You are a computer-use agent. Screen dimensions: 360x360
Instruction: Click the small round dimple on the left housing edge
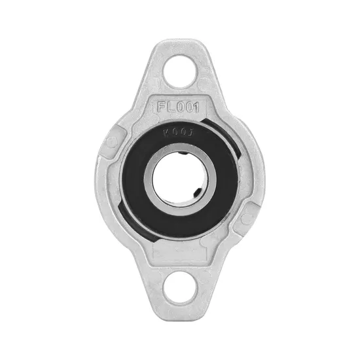click(112, 141)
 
